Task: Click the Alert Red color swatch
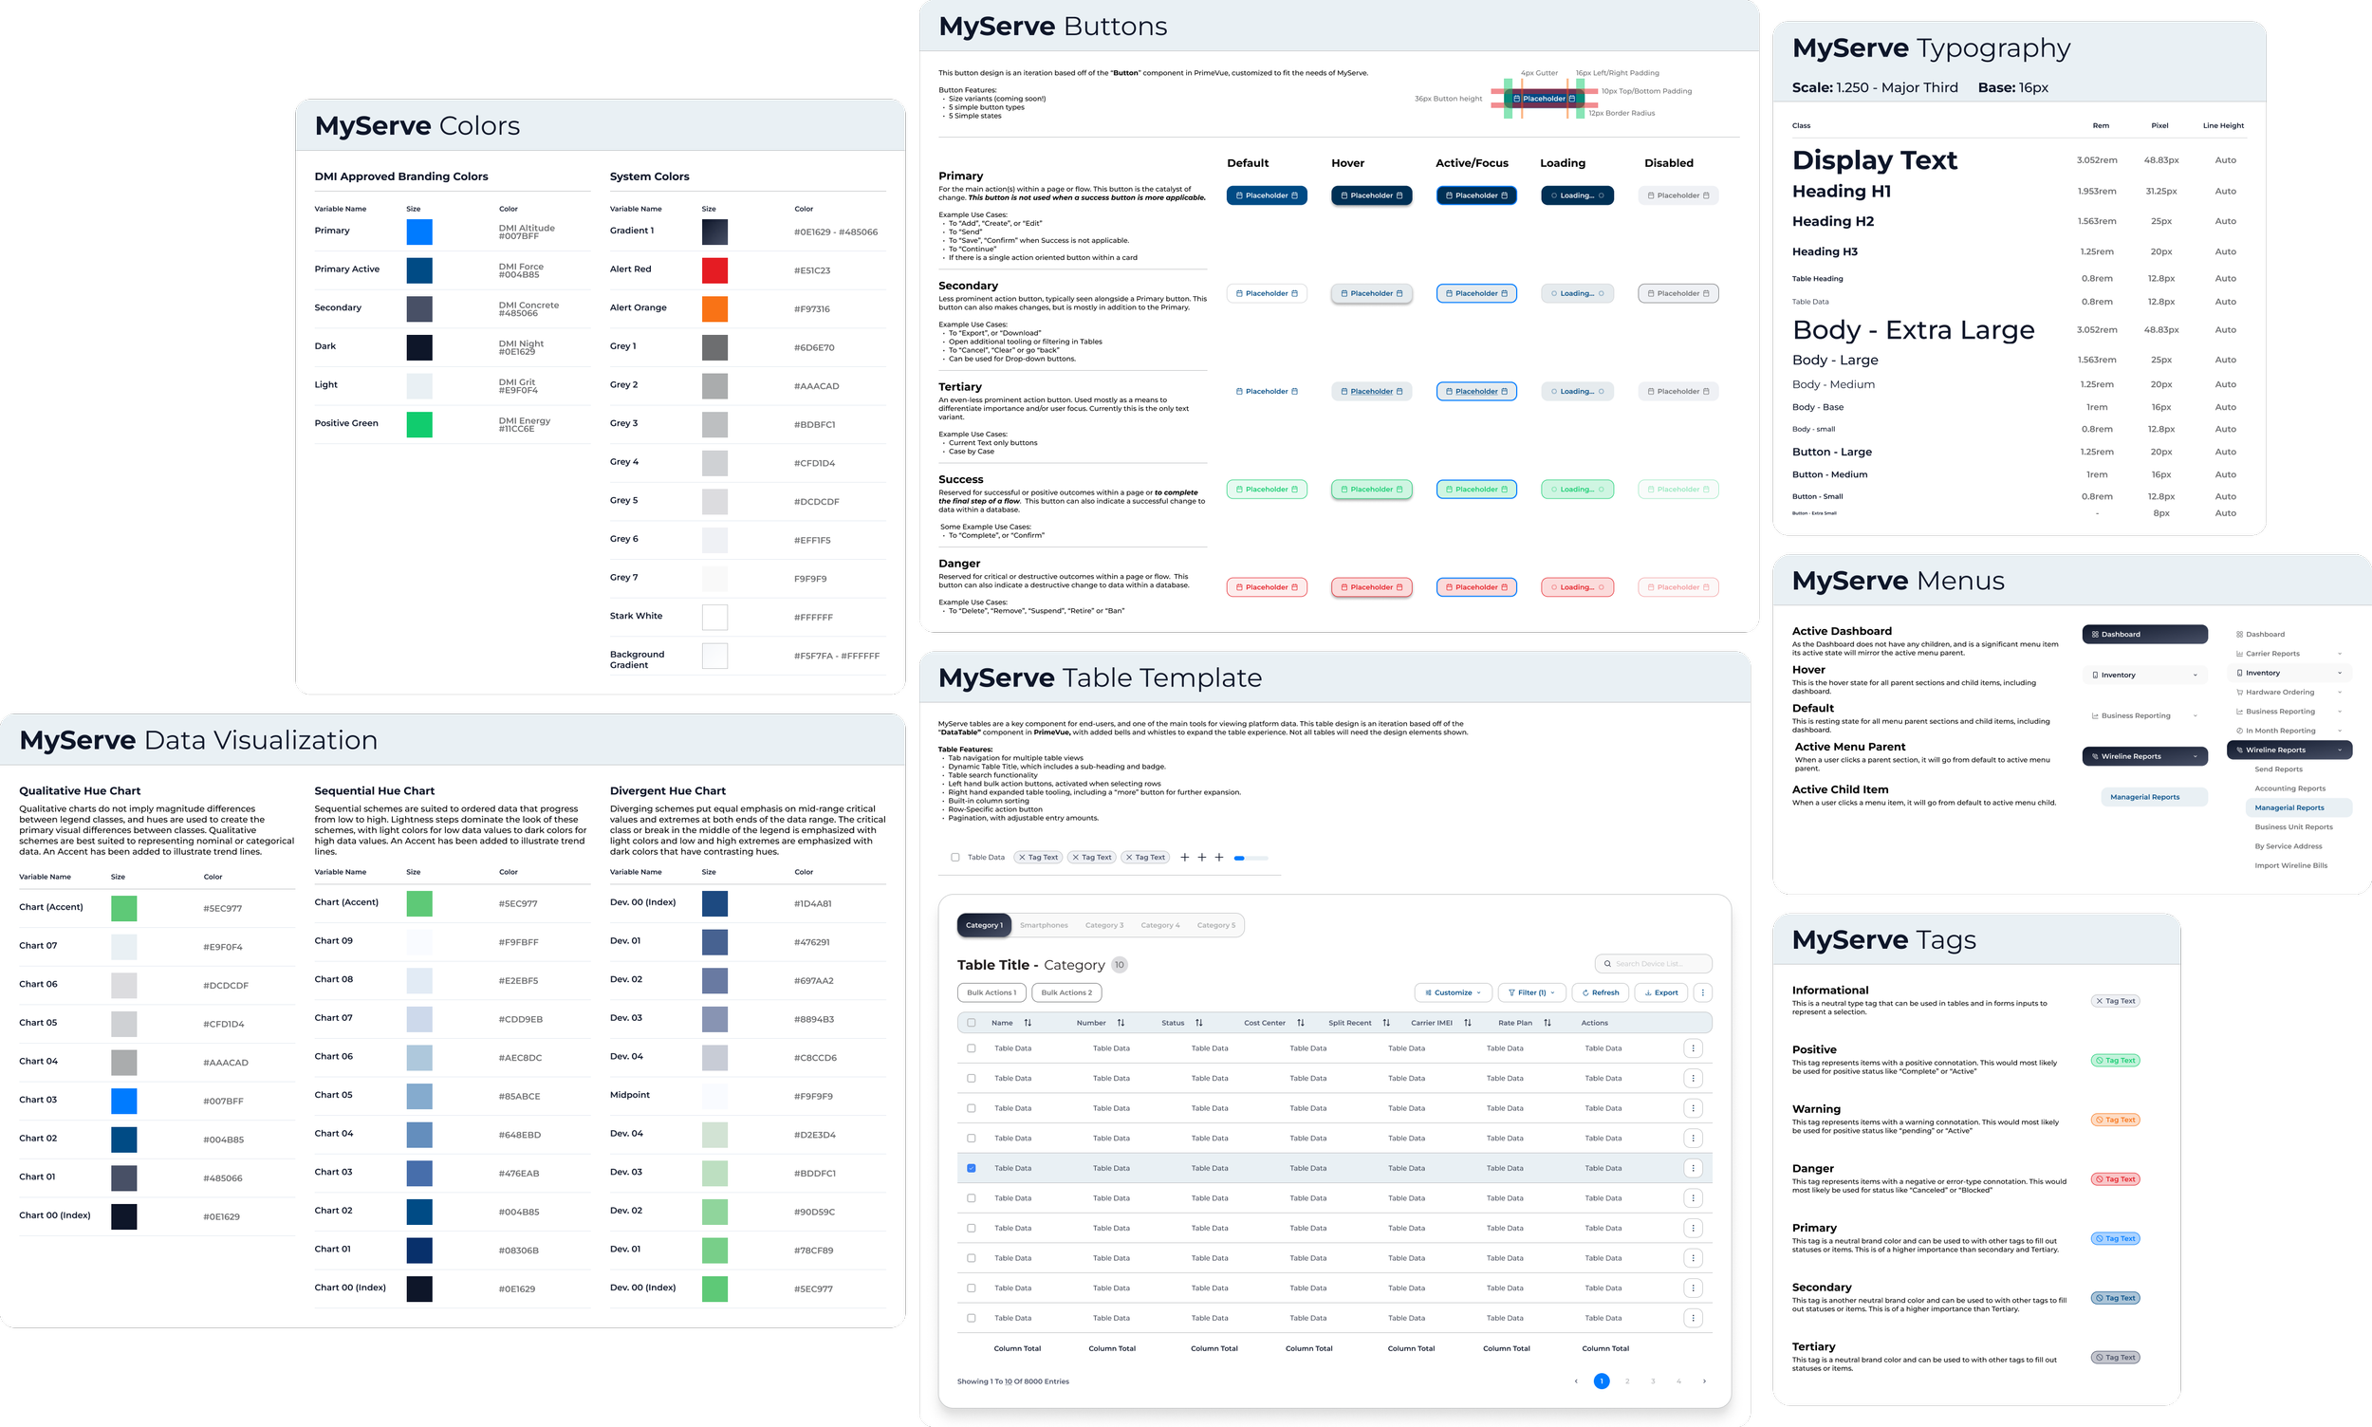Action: click(714, 270)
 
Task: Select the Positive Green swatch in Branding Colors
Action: click(419, 424)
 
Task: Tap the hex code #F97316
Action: click(811, 308)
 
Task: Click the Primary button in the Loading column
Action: click(1577, 195)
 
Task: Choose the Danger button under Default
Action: click(1267, 586)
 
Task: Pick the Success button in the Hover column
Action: click(1371, 490)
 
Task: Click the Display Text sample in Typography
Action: click(1874, 159)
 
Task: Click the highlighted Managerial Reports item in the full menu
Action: click(2289, 807)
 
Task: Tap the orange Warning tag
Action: click(2115, 1120)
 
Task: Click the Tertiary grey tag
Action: click(2115, 1357)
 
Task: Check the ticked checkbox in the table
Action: click(972, 1168)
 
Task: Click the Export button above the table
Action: click(1660, 992)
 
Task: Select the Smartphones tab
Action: click(1044, 925)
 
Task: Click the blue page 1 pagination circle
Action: click(1601, 1381)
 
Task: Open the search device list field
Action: click(1654, 964)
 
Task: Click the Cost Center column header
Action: click(1265, 1022)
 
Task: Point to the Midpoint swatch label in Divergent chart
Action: click(630, 1094)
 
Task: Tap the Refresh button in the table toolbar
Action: click(1600, 992)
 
